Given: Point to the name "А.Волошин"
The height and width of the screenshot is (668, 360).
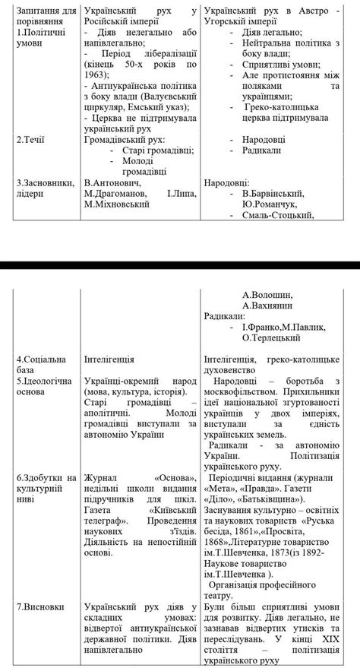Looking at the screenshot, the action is tap(269, 294).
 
